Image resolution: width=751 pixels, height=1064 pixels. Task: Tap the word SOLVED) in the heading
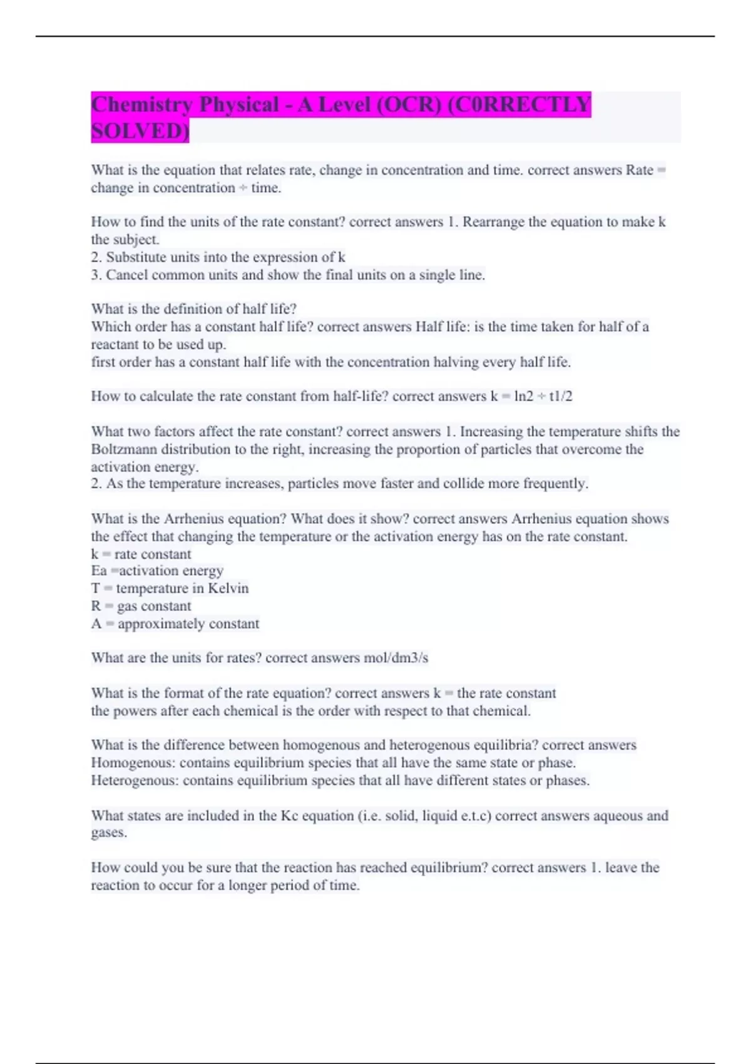[x=140, y=131]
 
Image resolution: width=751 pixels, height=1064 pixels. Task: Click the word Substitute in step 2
[x=137, y=257]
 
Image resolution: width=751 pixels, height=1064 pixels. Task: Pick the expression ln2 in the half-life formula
[x=523, y=396]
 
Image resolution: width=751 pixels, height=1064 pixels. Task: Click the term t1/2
[x=560, y=396]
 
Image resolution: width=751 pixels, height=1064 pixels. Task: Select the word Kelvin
[x=228, y=588]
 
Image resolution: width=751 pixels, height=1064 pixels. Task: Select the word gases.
[x=109, y=833]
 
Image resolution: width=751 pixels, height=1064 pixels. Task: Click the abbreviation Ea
[x=99, y=571]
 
